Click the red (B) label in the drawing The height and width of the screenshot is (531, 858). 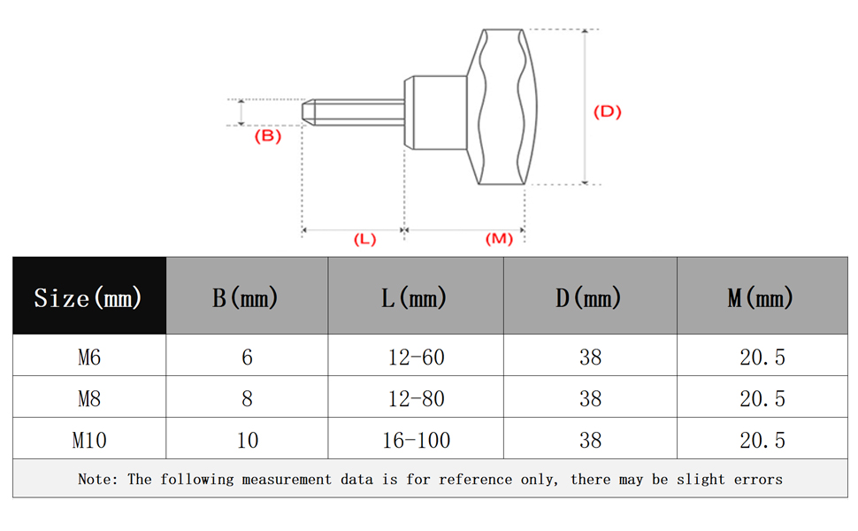(268, 135)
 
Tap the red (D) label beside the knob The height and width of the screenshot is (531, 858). (608, 112)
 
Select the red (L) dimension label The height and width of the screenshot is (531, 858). (364, 239)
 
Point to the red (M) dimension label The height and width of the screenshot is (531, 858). (499, 239)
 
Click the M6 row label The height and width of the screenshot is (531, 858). (89, 357)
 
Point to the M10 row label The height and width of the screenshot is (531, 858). (89, 440)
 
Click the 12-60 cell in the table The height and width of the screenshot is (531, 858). (416, 357)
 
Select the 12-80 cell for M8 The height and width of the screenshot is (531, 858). (416, 398)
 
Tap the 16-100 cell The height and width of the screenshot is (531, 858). (416, 440)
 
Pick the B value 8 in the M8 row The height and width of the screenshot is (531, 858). (247, 398)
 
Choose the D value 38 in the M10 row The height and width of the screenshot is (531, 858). (590, 440)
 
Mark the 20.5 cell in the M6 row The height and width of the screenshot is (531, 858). (762, 357)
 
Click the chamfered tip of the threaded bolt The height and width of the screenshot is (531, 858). (309, 112)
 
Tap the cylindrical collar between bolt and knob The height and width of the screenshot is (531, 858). (435, 112)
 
